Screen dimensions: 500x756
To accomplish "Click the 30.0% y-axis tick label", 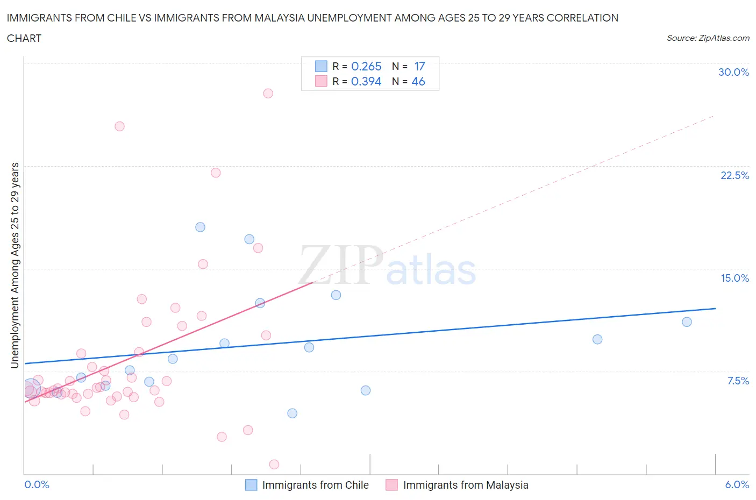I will click(733, 72).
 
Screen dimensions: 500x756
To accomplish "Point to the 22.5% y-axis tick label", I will click(734, 175).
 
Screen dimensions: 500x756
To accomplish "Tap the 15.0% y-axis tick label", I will click(734, 278).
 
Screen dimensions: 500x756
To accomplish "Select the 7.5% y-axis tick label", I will click(738, 381).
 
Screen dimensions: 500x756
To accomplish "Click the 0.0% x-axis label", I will click(37, 484).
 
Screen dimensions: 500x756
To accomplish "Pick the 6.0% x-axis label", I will click(737, 484).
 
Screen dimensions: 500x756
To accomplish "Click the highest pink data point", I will click(268, 93).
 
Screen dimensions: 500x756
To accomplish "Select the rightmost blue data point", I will click(687, 322).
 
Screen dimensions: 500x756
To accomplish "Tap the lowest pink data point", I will click(274, 464).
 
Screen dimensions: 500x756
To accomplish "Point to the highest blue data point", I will click(200, 227).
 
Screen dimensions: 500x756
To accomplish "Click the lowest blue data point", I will click(292, 413).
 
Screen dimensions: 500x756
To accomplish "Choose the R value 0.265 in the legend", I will click(366, 66).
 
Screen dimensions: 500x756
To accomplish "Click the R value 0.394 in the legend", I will click(366, 81).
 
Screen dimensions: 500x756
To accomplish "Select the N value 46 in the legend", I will click(418, 81).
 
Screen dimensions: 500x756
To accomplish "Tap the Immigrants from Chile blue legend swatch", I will click(251, 485).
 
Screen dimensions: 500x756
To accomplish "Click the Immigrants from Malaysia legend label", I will click(466, 485).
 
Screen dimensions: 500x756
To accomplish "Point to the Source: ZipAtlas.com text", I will click(708, 38).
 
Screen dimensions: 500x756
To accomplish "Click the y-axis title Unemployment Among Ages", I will click(15, 265).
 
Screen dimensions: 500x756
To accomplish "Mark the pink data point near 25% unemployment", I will click(119, 126).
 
